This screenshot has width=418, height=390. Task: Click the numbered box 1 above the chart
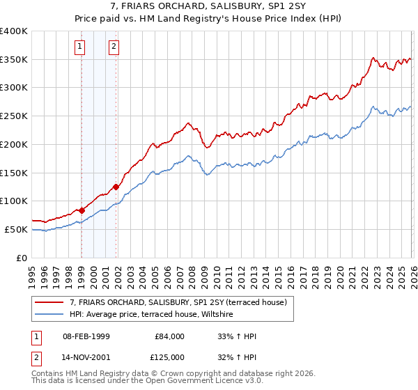[81, 47]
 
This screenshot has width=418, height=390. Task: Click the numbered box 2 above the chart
[113, 47]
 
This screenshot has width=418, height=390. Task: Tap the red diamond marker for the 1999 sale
[82, 210]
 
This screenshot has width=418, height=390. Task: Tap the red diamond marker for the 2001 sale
[116, 187]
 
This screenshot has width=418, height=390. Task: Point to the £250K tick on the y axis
[15, 116]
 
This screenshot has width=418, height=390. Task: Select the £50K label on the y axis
[17, 229]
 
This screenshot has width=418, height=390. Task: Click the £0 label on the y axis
[22, 258]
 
